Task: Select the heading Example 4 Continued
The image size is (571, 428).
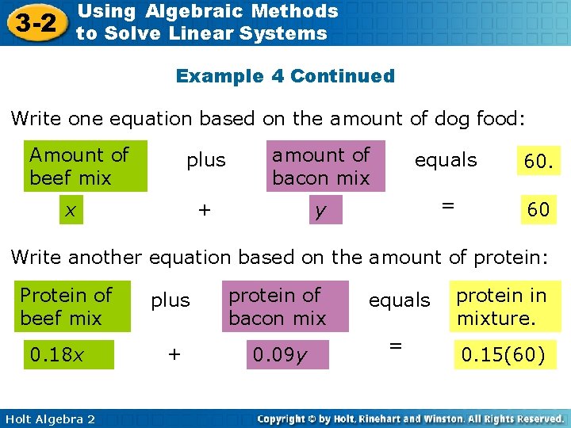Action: pos(285,76)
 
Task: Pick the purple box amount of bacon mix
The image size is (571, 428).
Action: pos(324,166)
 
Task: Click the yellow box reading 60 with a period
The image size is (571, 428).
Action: pos(536,162)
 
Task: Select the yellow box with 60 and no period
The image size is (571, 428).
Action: pos(538,209)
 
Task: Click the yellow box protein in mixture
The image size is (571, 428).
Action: pos(504,307)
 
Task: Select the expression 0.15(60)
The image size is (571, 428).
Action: pos(503,355)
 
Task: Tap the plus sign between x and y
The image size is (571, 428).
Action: pos(205,209)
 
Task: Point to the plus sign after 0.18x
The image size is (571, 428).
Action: pos(174,355)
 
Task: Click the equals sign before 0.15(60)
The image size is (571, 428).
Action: pos(395,346)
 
